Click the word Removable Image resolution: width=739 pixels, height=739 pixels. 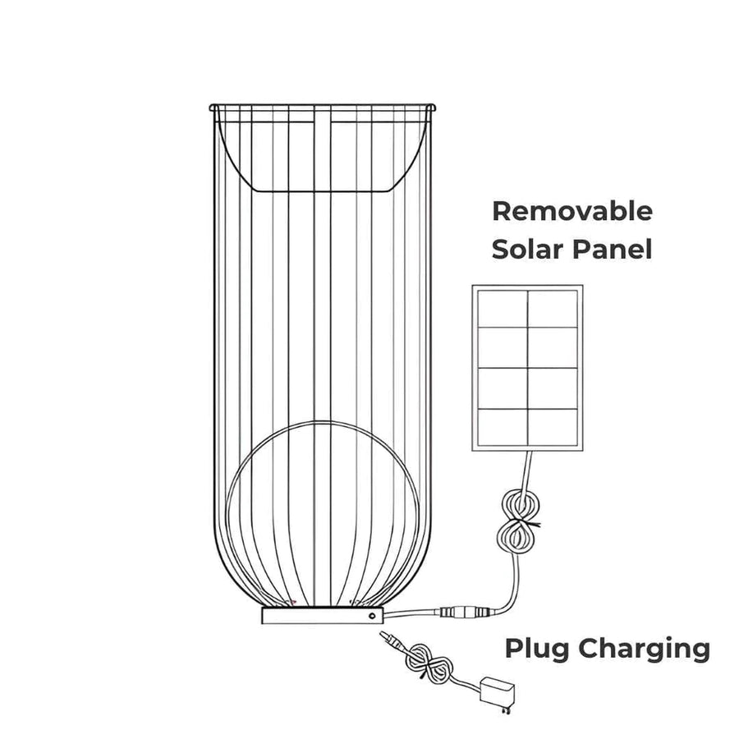pos(571,212)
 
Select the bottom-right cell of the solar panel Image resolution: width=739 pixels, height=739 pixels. pos(552,425)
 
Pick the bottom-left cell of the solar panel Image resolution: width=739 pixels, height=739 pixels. pos(502,425)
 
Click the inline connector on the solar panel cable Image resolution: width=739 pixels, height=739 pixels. pos(465,612)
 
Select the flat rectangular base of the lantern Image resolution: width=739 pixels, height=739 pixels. pos(320,615)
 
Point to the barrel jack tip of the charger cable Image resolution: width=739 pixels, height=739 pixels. pos(385,638)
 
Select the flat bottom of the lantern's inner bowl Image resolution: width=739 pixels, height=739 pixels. pos(320,191)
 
